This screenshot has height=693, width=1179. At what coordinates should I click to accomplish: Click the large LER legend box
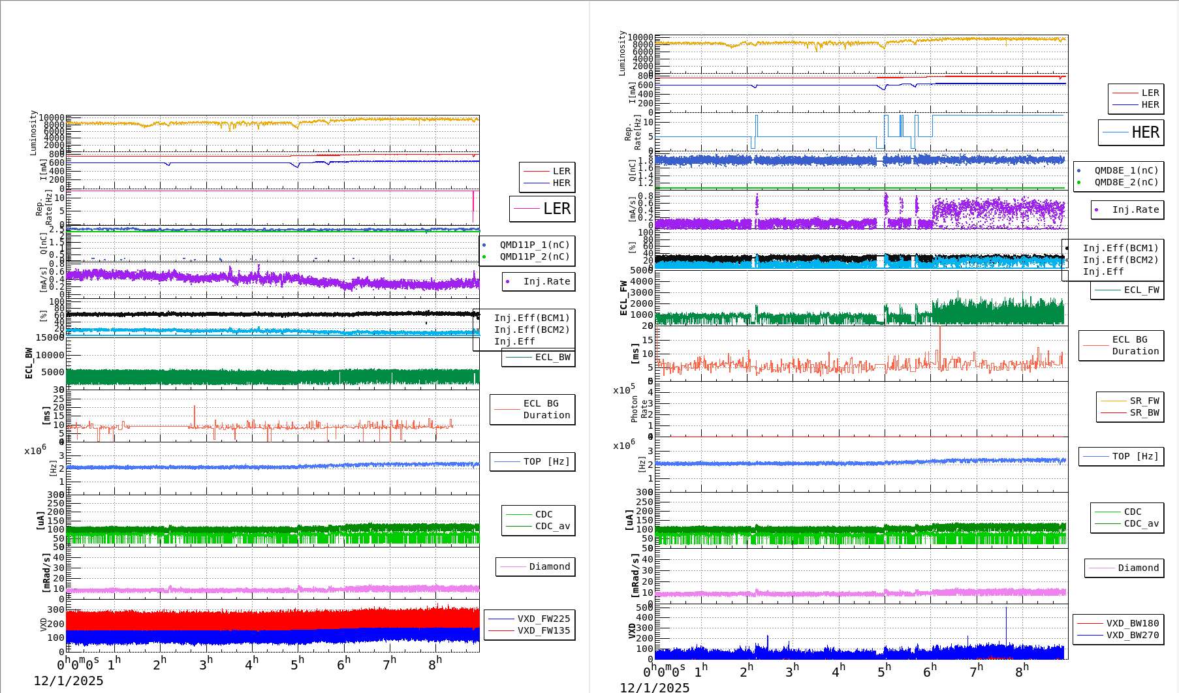pos(542,209)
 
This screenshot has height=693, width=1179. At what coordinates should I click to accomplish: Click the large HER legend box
pos(1131,132)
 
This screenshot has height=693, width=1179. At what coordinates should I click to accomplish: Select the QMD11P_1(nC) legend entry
pos(534,245)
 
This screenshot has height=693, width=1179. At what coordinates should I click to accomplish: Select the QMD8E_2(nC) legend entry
pos(1125,182)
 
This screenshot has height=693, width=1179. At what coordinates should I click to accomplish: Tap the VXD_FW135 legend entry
pos(543,630)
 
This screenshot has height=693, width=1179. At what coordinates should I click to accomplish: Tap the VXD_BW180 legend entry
pos(1132,623)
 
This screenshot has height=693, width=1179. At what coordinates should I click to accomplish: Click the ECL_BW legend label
pos(552,357)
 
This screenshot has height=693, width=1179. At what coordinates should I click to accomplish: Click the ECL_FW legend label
pos(1141,290)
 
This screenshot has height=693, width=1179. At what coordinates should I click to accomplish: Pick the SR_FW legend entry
pos(1144,401)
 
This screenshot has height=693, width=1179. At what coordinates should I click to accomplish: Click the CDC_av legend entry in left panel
pos(552,526)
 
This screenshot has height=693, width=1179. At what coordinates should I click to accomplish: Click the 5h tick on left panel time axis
pos(297,664)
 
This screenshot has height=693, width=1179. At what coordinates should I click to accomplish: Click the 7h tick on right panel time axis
pos(975,670)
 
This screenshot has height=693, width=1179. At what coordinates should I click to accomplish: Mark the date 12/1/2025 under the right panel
pos(654,687)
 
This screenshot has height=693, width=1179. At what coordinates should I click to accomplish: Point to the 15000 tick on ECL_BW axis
pos(50,337)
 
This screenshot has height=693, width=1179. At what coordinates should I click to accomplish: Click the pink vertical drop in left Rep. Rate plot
pos(473,208)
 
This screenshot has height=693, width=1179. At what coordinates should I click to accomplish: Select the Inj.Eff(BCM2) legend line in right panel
pos(1120,260)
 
